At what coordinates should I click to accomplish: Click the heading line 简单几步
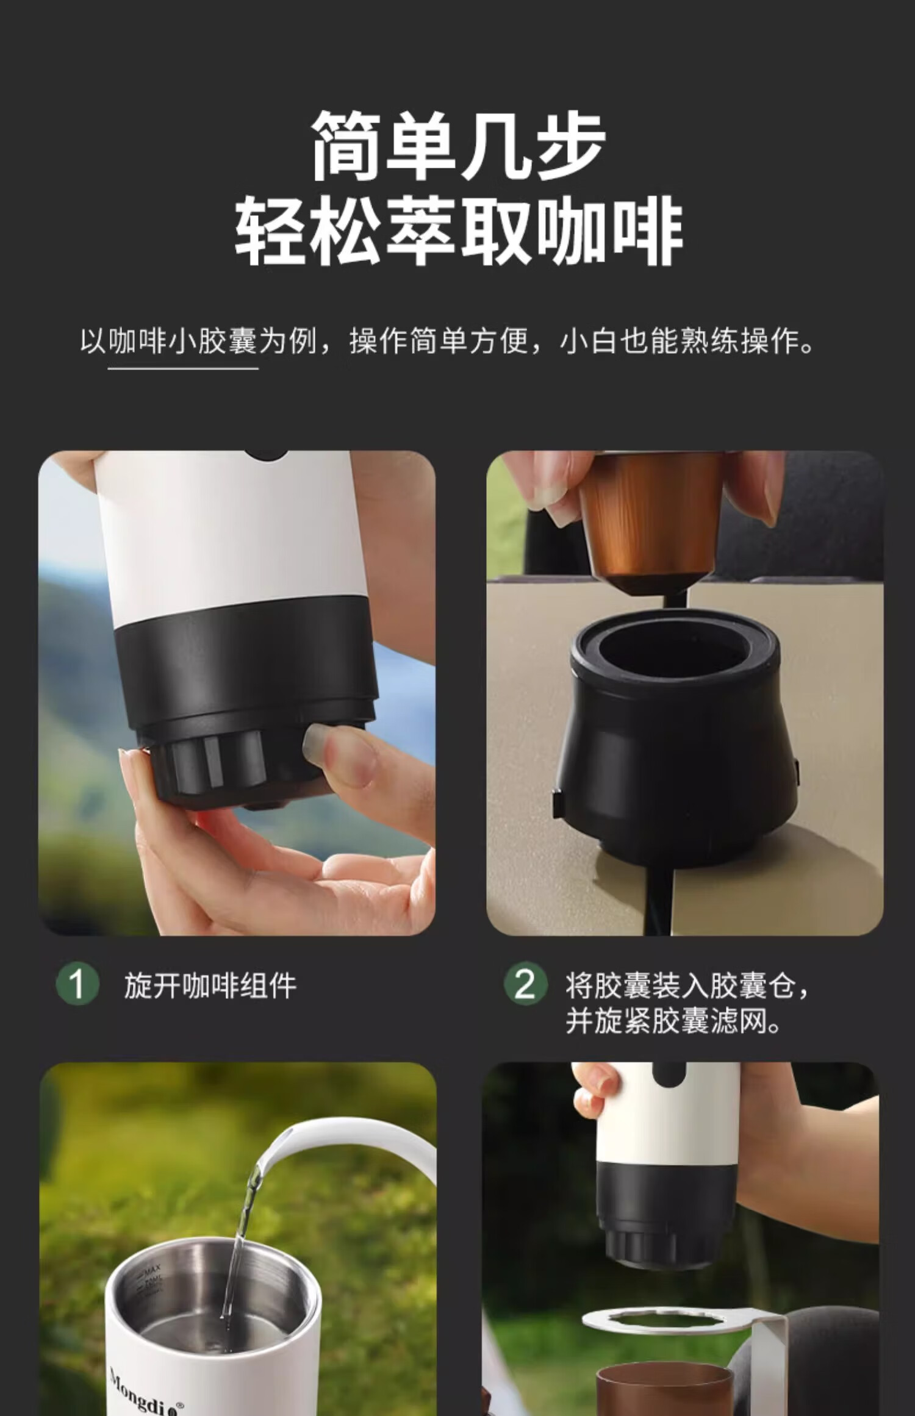pyautogui.click(x=458, y=146)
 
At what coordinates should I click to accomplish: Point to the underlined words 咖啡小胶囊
pyautogui.click(x=183, y=341)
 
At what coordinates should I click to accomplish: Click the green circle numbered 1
pyautogui.click(x=77, y=984)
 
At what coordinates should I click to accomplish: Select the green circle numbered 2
pyautogui.click(x=525, y=984)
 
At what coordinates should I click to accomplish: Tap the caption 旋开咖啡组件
pyautogui.click(x=210, y=985)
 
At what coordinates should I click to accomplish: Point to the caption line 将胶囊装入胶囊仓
pyautogui.click(x=687, y=985)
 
